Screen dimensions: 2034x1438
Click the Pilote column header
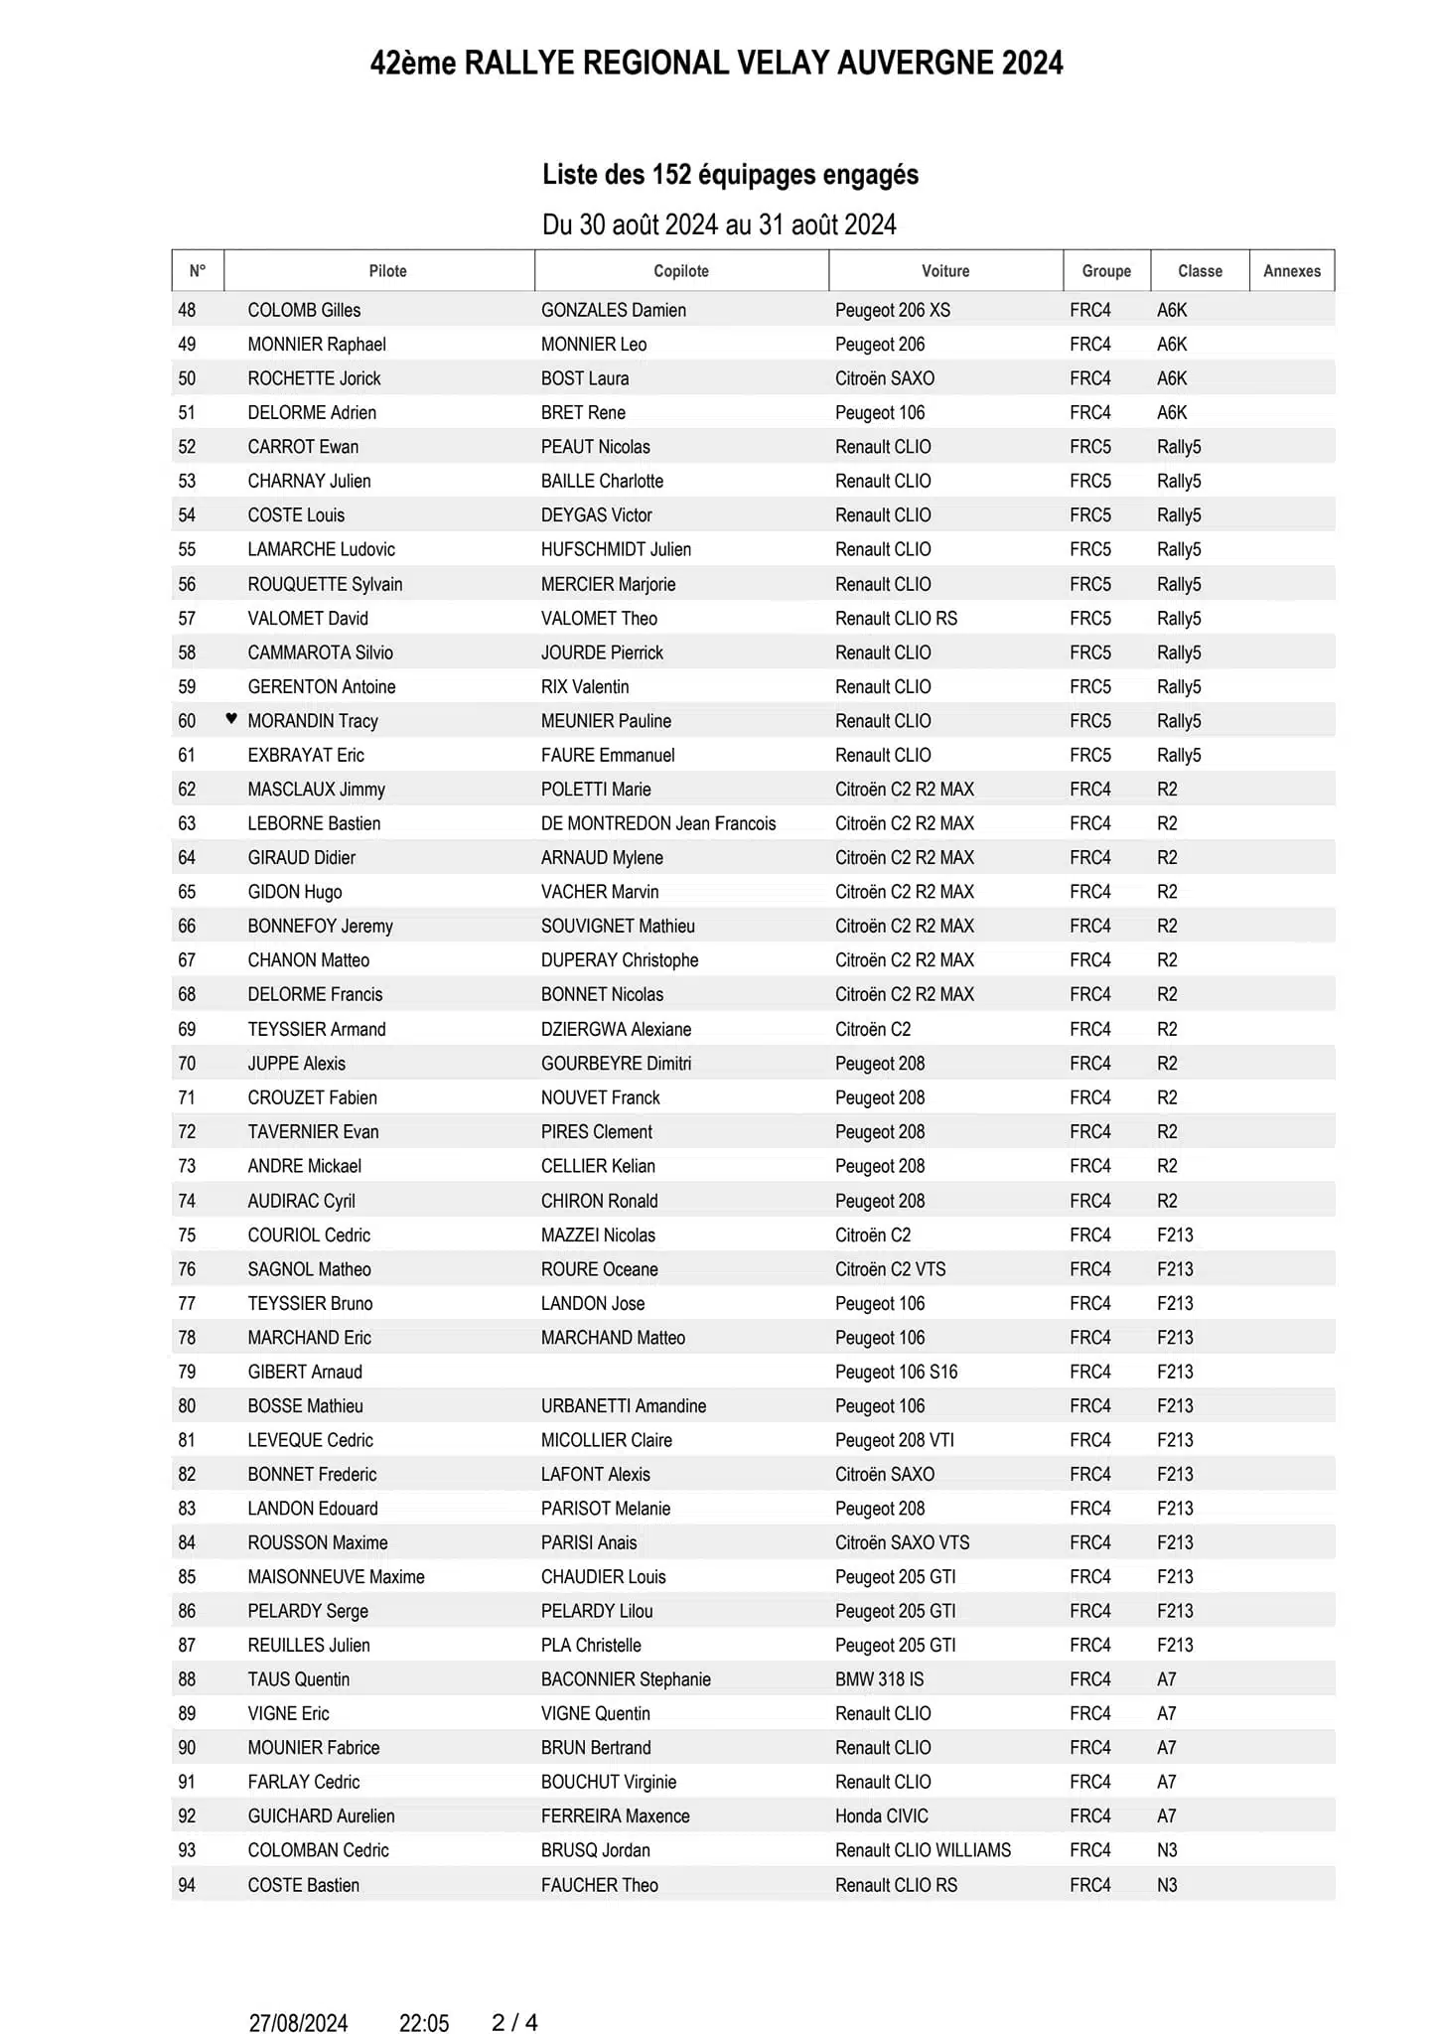387,271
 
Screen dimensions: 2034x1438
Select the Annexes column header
1291,271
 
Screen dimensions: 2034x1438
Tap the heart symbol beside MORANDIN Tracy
231,719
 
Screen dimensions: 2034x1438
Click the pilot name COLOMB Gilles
304,310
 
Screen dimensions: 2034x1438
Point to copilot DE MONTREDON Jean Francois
658,823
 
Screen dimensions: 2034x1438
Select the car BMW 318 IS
879,1679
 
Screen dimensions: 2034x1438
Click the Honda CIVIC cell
881,1816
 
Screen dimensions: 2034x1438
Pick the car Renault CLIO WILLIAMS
923,1850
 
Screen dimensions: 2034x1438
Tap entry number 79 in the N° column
187,1372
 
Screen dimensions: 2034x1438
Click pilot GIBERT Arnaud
305,1372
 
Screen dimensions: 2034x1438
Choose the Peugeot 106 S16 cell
896,1372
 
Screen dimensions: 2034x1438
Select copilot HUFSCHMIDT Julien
616,549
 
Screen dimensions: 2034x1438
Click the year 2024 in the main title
1032,64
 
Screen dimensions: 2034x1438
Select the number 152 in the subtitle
670,175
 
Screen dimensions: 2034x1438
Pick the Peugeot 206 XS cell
892,310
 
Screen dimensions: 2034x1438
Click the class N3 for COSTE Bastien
1167,1885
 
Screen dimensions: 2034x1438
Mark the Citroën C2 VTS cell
890,1269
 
